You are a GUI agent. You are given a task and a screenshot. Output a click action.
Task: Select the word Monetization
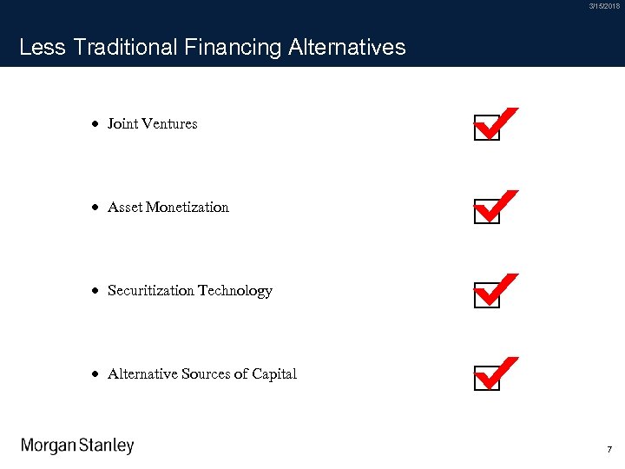click(187, 208)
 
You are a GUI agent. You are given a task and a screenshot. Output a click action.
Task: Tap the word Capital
click(274, 374)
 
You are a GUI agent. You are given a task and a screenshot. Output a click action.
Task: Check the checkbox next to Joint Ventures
click(487, 129)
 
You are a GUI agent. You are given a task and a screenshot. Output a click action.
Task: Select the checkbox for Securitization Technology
click(487, 296)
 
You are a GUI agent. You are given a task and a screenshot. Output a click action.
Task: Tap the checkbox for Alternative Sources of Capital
click(487, 380)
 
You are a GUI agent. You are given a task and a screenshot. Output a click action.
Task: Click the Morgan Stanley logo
click(77, 446)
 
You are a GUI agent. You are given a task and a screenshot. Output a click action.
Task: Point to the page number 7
click(609, 450)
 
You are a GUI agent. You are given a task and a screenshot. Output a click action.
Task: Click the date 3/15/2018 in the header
click(604, 7)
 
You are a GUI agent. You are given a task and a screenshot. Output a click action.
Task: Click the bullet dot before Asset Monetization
click(94, 208)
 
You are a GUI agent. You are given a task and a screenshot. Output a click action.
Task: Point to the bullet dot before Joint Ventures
click(94, 124)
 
